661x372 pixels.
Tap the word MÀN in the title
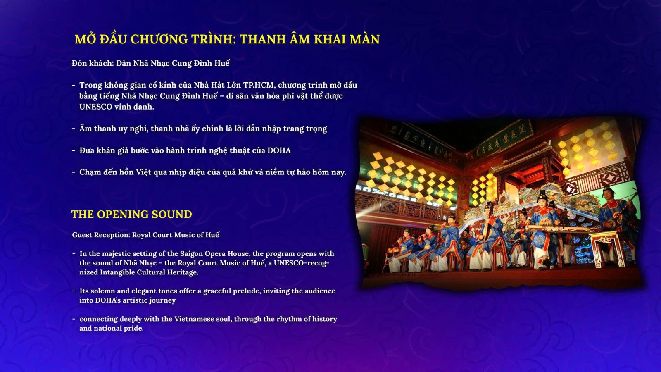click(x=365, y=39)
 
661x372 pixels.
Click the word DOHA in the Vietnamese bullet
click(x=279, y=150)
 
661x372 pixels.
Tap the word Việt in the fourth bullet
click(x=143, y=172)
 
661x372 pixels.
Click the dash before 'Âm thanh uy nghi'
click(x=74, y=129)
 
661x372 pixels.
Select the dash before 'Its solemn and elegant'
click(x=74, y=291)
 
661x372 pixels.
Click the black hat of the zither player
click(x=542, y=194)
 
